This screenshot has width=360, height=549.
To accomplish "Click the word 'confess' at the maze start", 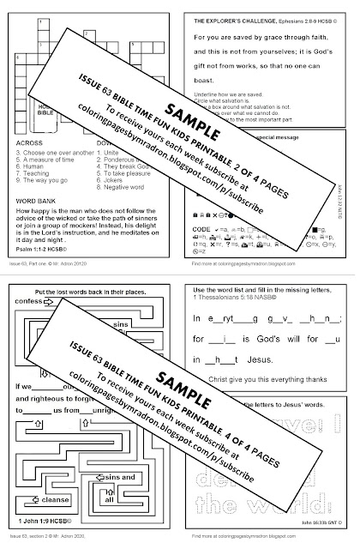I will [x=31, y=302].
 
